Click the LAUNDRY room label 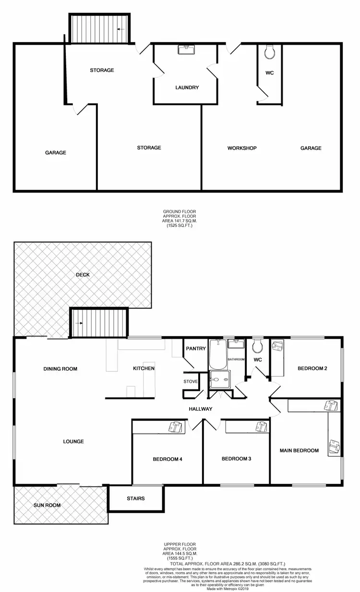point(187,88)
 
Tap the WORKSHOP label point(242,148)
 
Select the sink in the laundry point(186,49)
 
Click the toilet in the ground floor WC point(269,52)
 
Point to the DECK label point(83,275)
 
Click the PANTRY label point(196,349)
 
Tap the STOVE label point(191,382)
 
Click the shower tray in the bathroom point(220,380)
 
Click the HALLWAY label point(200,409)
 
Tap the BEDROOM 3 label point(236,459)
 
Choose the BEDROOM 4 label point(167,459)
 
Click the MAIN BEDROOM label point(299,450)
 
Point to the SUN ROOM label point(47,505)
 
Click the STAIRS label point(136,498)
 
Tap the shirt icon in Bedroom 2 point(277,346)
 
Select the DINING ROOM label point(60,369)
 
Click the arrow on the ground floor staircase point(120,29)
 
